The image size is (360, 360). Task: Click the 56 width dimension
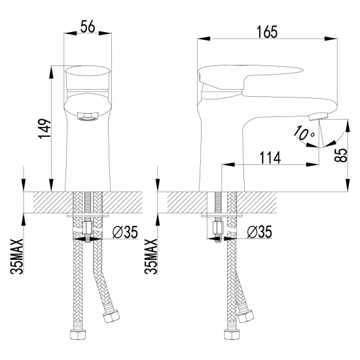coord(88,26)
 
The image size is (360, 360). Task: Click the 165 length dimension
coord(267,31)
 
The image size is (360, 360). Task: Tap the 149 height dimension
coord(45,128)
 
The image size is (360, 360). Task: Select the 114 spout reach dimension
coord(270,158)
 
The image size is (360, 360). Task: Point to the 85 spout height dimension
coord(341,155)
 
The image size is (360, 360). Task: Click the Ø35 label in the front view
coord(125,232)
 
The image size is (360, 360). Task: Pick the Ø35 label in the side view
coord(259,232)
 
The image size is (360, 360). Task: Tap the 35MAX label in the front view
coord(17,257)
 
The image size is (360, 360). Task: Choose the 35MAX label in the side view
coord(151,257)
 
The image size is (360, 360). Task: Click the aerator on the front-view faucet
coord(88,117)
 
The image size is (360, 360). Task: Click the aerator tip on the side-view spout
coord(318,117)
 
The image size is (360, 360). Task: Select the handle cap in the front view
coord(88,78)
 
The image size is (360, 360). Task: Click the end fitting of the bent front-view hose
coord(111,316)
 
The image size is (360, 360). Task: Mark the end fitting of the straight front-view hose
coord(78,334)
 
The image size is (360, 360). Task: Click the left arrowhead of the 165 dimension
coord(204,39)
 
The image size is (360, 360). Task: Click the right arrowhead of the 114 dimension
coord(312,164)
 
